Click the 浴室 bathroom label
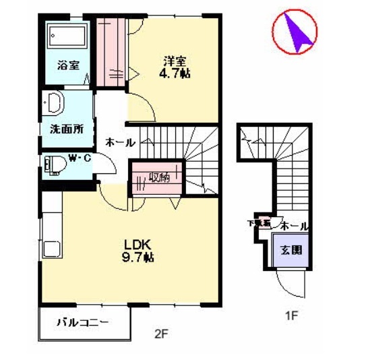(x=68, y=65)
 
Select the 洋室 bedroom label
(x=174, y=59)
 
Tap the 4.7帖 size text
(x=174, y=72)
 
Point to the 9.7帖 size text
(x=139, y=257)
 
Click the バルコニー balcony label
(x=83, y=323)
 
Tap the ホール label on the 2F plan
(x=120, y=143)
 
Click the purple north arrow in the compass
(x=297, y=32)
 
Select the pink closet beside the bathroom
(x=110, y=53)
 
